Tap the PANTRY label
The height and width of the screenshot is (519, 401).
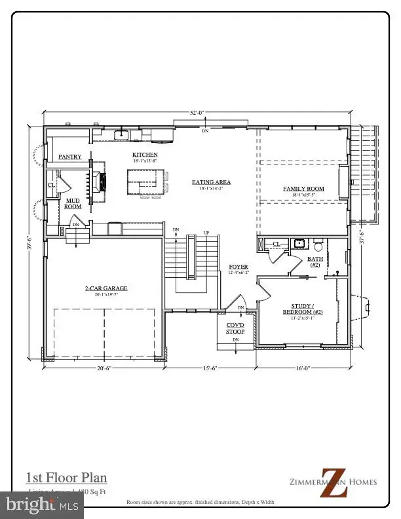[69, 157]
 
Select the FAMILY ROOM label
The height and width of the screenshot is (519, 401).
[303, 189]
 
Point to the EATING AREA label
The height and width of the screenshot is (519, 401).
[211, 182]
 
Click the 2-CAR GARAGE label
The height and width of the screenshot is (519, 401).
[105, 288]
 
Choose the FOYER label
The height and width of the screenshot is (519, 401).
[237, 267]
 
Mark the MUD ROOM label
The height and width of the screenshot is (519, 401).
[72, 204]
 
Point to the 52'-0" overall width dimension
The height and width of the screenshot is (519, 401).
[197, 113]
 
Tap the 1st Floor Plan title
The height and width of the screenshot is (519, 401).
[66, 478]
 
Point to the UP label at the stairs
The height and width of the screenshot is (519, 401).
[207, 233]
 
